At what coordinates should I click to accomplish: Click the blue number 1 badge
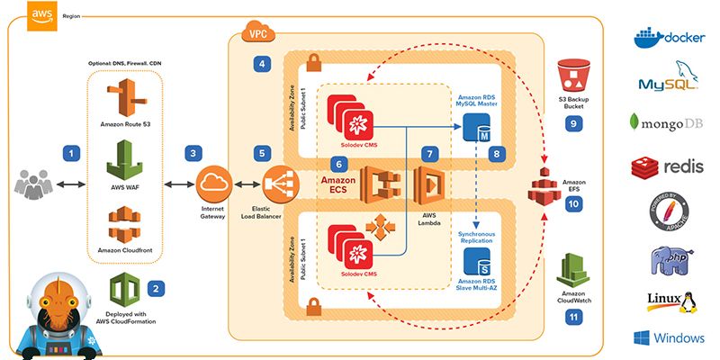pyautogui.click(x=71, y=154)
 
